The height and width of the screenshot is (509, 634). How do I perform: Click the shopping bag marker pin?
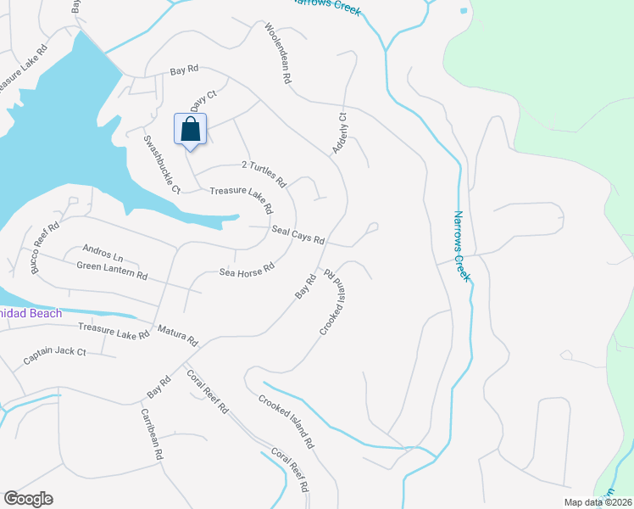pos(191,131)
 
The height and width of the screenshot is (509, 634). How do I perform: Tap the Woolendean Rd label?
pos(278,53)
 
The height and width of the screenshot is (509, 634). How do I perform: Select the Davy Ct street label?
pos(198,103)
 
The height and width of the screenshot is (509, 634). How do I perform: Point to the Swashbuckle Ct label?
pos(162,164)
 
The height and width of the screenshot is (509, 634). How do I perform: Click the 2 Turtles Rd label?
pos(264,172)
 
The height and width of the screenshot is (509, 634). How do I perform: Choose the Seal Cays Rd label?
pos(298,235)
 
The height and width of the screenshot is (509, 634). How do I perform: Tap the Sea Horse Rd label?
pos(247,268)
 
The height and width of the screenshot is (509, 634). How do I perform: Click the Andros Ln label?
pos(103,252)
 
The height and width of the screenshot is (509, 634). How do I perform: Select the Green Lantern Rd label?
pos(112,271)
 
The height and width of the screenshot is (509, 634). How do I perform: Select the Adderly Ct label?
pos(340,133)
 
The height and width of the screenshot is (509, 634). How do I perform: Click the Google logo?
pos(28,499)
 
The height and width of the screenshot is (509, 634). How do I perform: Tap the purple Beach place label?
pos(31,314)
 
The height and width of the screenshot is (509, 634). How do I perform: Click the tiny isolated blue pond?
pos(463,12)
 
